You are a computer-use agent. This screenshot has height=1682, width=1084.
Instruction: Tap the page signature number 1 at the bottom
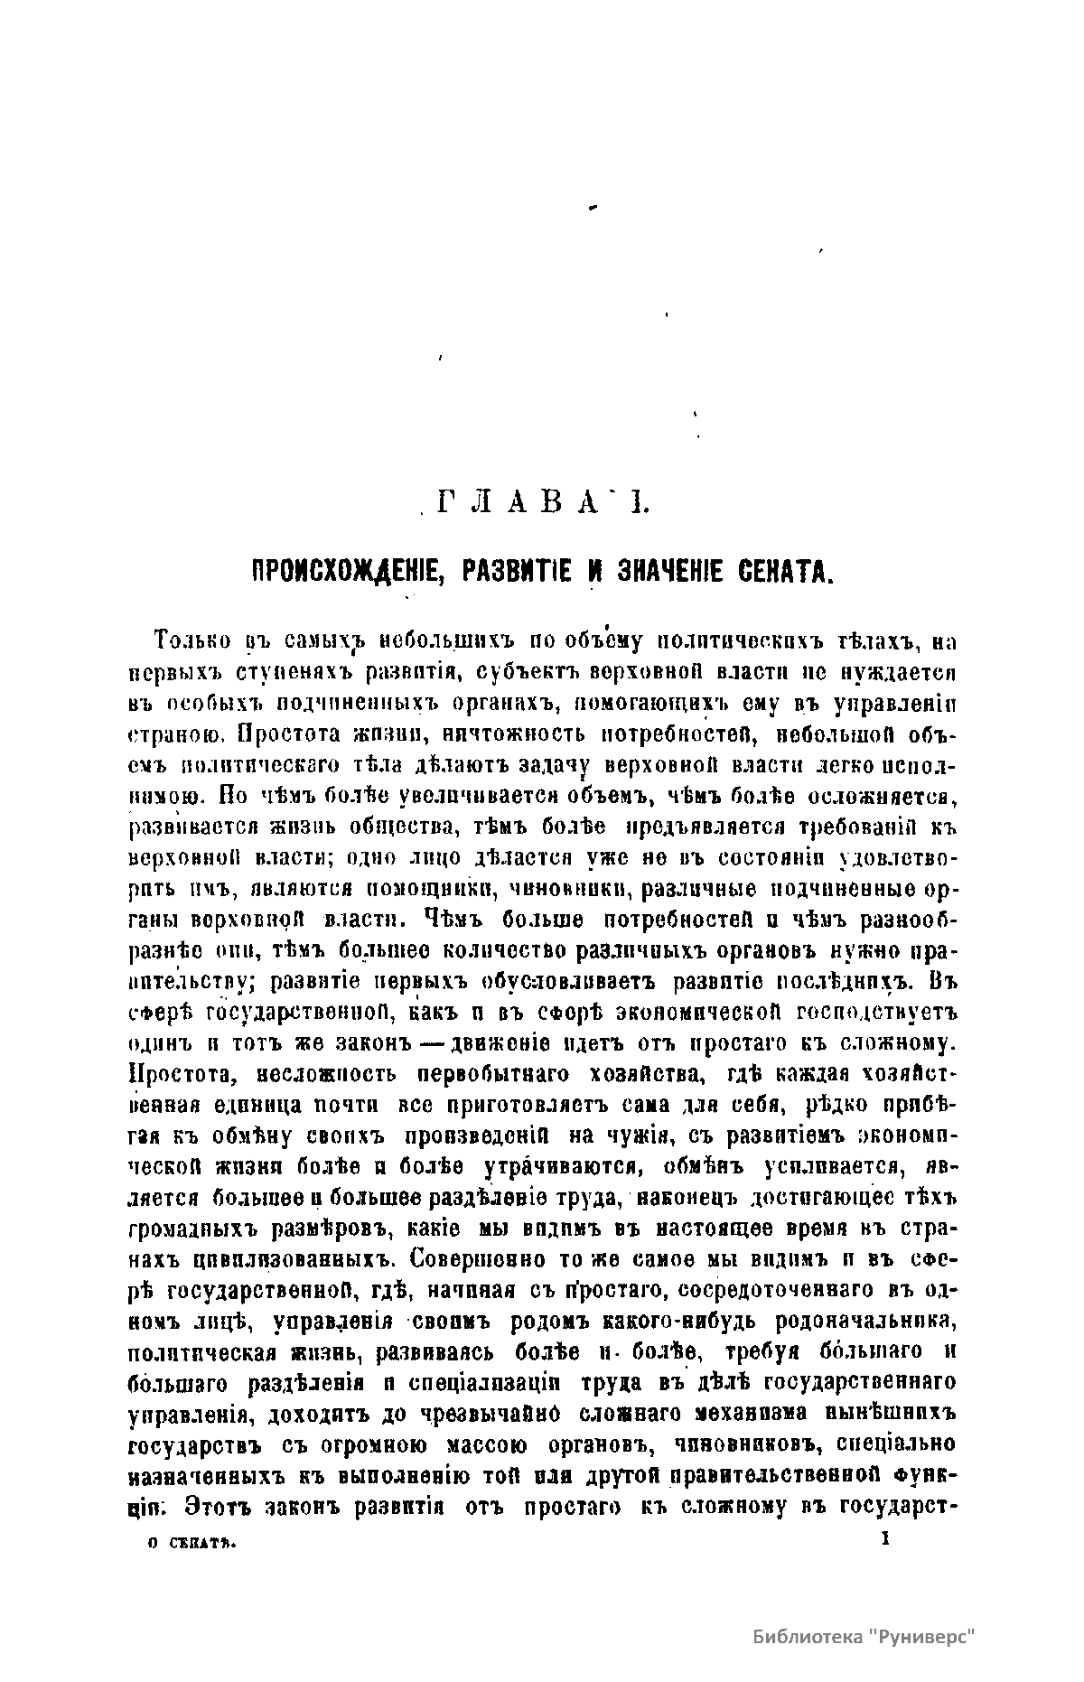click(x=886, y=1541)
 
